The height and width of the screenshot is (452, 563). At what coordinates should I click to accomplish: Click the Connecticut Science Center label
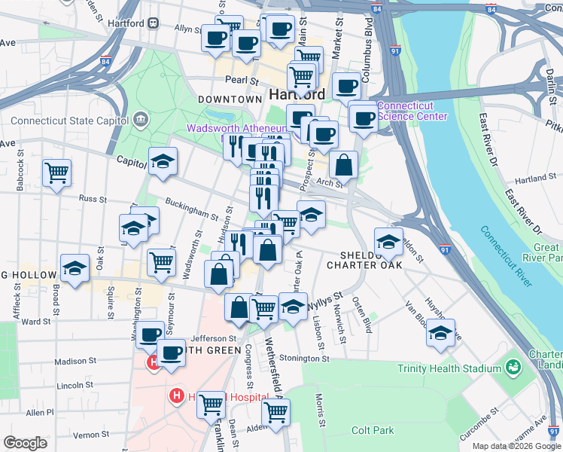pos(412,111)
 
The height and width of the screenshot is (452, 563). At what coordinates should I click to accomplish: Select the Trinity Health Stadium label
pos(449,368)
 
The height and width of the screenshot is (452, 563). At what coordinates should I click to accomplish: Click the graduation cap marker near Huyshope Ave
pos(441,332)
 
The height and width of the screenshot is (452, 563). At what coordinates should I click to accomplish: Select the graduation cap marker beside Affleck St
pos(75,268)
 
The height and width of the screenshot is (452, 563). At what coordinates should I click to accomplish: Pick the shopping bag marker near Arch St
pos(343,165)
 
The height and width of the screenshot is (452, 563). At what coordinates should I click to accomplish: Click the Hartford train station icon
pos(153,23)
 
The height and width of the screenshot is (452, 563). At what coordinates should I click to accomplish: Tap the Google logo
pos(26,443)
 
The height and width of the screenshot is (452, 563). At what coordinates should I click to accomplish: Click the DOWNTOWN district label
pos(230,99)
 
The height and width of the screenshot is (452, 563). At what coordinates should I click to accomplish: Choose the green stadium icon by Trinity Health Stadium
pos(513,368)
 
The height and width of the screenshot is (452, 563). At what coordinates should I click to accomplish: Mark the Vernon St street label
pos(91,435)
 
